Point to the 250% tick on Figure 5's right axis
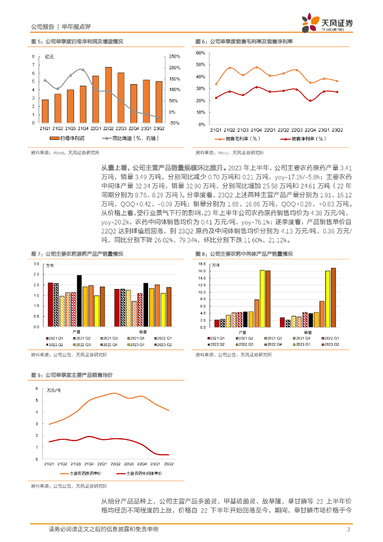tap(175, 57)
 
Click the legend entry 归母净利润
tap(68, 138)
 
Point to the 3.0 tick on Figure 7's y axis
tap(36, 264)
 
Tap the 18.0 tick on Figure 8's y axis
tap(200, 264)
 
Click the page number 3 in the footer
tap(348, 530)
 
